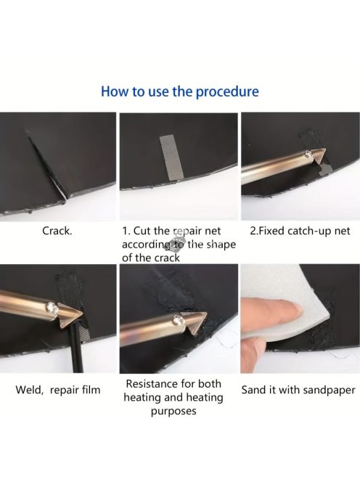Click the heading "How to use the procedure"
pos(180,91)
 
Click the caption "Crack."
pos(57,231)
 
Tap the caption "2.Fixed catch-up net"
pos(300,231)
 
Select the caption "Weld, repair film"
pos(58,390)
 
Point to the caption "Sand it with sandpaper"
pos(298,390)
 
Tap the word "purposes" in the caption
pos(173,412)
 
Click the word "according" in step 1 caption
pos(147,245)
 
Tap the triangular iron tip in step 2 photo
pos(318,157)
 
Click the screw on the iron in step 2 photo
pos(307,154)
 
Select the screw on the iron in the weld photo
pos(52,308)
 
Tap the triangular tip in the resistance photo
pos(197,322)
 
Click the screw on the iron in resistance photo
pos(178,320)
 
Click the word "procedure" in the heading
pos(227,91)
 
